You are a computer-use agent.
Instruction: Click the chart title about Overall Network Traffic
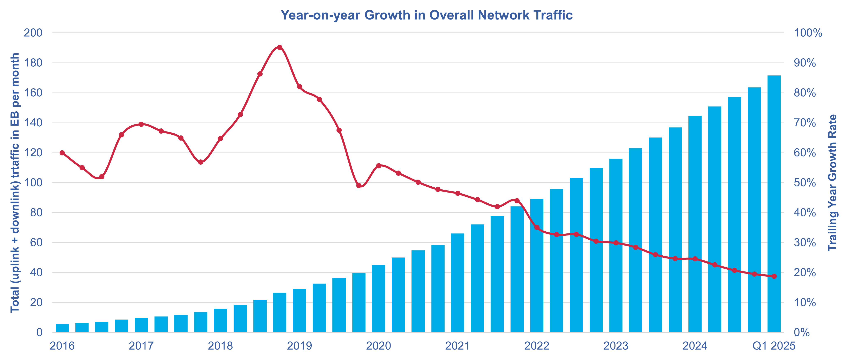[x=427, y=15]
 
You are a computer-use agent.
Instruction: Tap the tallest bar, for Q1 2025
[x=774, y=204]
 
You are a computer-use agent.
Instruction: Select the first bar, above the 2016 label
[x=62, y=328]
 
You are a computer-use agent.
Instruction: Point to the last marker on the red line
[x=774, y=276]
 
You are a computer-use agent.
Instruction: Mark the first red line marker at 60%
[x=62, y=153]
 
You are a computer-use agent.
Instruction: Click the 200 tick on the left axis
[x=33, y=33]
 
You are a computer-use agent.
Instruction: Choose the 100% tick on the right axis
[x=808, y=33]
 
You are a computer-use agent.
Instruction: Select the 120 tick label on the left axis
[x=33, y=153]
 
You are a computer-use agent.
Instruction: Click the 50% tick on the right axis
[x=805, y=183]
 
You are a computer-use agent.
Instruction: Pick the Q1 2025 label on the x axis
[x=774, y=346]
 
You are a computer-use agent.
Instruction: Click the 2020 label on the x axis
[x=378, y=346]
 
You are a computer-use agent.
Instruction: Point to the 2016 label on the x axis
[x=62, y=346]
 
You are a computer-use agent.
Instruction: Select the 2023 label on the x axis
[x=616, y=346]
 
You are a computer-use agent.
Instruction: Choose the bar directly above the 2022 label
[x=537, y=265]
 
